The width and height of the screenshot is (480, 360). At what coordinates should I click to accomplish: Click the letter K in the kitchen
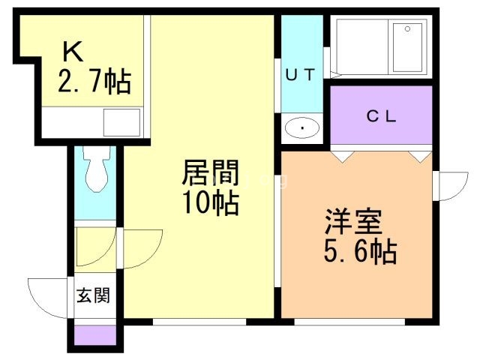tap(72, 51)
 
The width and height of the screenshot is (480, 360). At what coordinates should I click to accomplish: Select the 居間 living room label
tap(211, 175)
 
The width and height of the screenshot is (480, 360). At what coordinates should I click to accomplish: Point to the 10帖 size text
tap(211, 202)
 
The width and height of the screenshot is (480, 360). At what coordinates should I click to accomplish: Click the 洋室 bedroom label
tap(353, 222)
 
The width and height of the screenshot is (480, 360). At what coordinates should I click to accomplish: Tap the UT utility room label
tap(302, 73)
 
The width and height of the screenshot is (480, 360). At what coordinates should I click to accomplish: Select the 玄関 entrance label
tap(94, 295)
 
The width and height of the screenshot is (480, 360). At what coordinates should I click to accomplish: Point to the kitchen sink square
tap(121, 121)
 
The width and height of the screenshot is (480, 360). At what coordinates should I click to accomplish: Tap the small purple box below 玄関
tap(95, 335)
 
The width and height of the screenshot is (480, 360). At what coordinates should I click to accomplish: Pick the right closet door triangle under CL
tap(420, 157)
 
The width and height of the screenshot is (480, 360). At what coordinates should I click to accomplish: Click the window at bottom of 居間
tap(199, 322)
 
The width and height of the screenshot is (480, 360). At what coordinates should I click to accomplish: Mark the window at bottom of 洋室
tap(349, 322)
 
